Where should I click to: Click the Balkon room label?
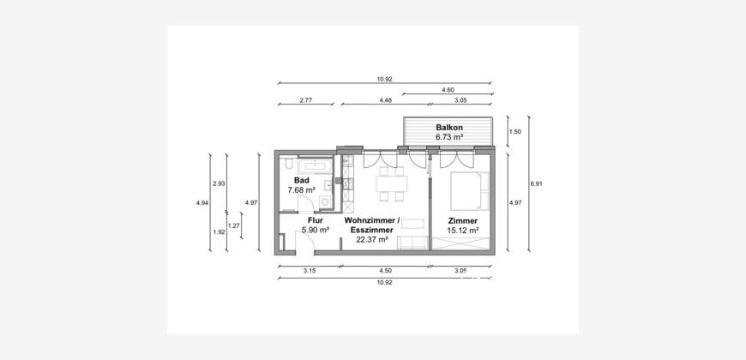click(449, 128)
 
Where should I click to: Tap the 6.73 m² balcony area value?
click(449, 137)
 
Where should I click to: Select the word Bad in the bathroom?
click(302, 180)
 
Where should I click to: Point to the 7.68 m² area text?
click(302, 189)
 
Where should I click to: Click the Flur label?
click(316, 220)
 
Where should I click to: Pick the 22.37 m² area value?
click(372, 240)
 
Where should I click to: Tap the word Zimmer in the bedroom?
click(463, 221)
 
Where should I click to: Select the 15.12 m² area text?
click(463, 231)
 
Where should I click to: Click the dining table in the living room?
click(392, 183)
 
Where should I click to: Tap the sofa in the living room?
click(412, 242)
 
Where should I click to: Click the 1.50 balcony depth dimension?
click(514, 132)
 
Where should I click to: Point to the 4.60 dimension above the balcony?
click(448, 89)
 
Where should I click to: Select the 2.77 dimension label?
click(306, 100)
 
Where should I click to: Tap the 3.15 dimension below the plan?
click(310, 270)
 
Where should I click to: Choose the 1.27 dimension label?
click(234, 225)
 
